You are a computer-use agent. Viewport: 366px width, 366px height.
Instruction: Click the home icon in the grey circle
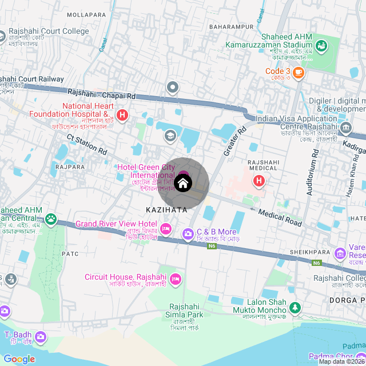pos(183,184)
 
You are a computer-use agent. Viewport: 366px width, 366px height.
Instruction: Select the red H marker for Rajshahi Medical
pos(259,181)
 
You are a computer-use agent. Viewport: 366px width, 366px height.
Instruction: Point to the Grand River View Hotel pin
pos(166,229)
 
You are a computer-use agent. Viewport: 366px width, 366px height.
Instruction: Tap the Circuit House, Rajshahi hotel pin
pos(175,279)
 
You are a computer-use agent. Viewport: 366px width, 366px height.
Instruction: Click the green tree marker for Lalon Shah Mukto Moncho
pos(295,308)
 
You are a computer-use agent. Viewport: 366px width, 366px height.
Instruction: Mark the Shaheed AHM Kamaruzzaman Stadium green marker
pos(321,45)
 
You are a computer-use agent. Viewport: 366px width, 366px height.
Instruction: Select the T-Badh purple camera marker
pos(41,337)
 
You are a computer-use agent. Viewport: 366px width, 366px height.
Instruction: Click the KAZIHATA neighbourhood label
pos(166,210)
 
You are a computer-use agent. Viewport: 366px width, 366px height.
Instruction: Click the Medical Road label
pos(279,217)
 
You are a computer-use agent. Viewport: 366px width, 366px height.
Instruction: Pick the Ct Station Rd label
pos(87,145)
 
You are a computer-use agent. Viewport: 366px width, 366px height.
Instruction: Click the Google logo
pos(19,359)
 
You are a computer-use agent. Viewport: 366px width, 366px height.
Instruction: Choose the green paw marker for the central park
pos(51,218)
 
